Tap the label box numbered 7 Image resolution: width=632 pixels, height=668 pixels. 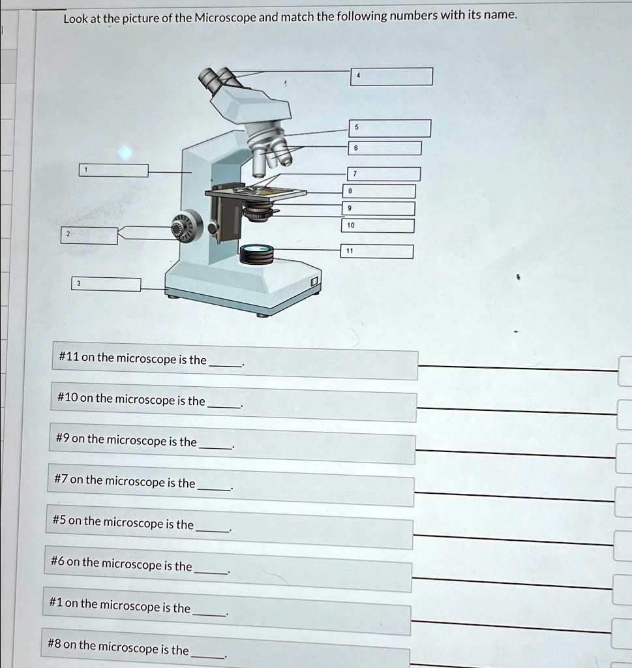[x=383, y=174]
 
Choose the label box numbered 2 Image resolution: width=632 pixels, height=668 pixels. [x=90, y=235]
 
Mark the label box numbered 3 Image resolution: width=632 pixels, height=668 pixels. [x=106, y=284]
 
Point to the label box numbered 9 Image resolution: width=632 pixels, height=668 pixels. [x=379, y=209]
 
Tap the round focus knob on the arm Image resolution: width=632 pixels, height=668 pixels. [x=183, y=227]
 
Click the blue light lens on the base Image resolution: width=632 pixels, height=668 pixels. [x=257, y=250]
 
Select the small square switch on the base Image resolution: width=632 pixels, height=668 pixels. [x=314, y=281]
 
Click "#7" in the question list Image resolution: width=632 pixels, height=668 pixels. [x=61, y=480]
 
